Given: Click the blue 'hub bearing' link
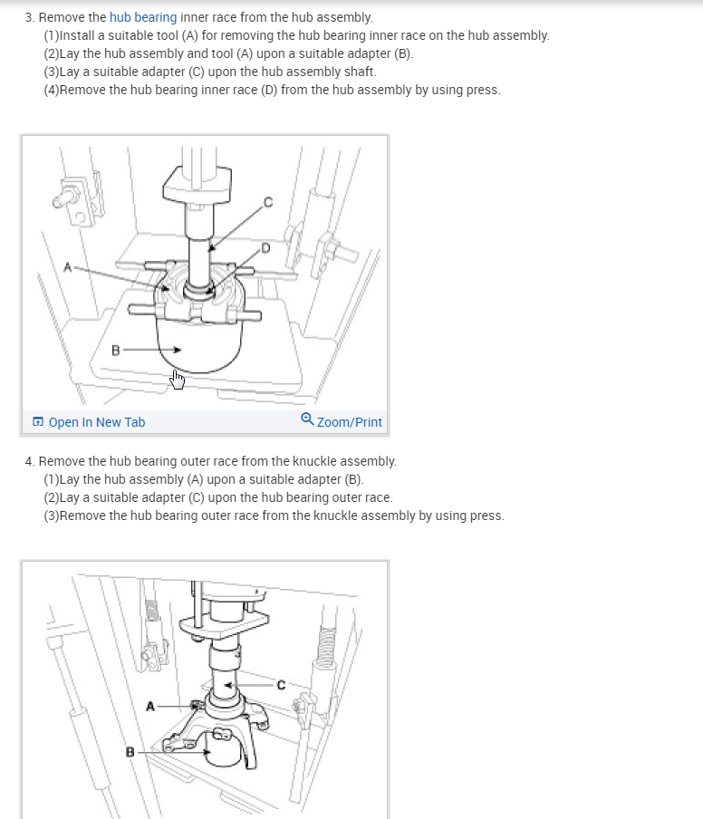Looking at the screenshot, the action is click(x=143, y=17).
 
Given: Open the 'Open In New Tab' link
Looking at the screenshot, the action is click(x=97, y=422).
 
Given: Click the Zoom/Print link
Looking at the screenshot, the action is click(x=350, y=422).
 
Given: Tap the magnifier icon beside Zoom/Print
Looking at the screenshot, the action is click(x=307, y=419).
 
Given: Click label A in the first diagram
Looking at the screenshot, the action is click(x=67, y=267).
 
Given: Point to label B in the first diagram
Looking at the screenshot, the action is click(x=115, y=351).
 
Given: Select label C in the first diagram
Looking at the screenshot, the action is click(x=268, y=202).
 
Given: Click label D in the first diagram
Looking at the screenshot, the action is click(x=265, y=248).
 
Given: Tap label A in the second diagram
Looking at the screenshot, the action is click(x=150, y=706).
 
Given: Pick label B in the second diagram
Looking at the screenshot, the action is click(x=130, y=752).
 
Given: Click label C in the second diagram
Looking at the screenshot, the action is click(x=281, y=685).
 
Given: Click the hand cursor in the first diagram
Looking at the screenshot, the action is click(x=178, y=380).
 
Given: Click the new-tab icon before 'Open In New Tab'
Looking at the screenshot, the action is click(x=38, y=421).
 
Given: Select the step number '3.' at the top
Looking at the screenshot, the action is click(x=30, y=17).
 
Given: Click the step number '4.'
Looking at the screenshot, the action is click(x=30, y=461).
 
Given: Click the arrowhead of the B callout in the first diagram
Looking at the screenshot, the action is click(x=178, y=350).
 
